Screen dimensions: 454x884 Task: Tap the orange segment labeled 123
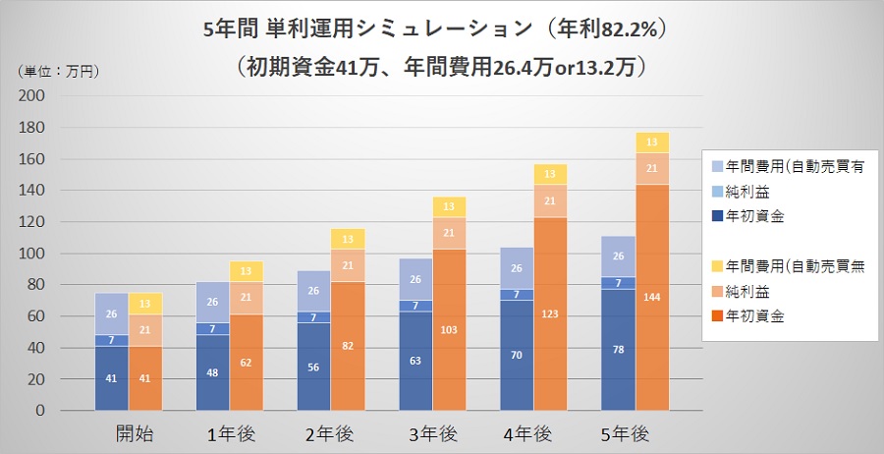tap(550, 313)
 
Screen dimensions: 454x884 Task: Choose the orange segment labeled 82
tap(348, 345)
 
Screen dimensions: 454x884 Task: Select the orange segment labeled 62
tap(247, 362)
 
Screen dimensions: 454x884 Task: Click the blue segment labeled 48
tap(212, 372)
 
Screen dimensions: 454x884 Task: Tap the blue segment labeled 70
tap(517, 355)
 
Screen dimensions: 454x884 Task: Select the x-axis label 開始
tap(129, 433)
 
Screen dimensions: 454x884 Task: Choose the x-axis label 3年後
tap(431, 433)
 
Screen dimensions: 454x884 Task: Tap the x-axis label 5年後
tap(634, 433)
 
